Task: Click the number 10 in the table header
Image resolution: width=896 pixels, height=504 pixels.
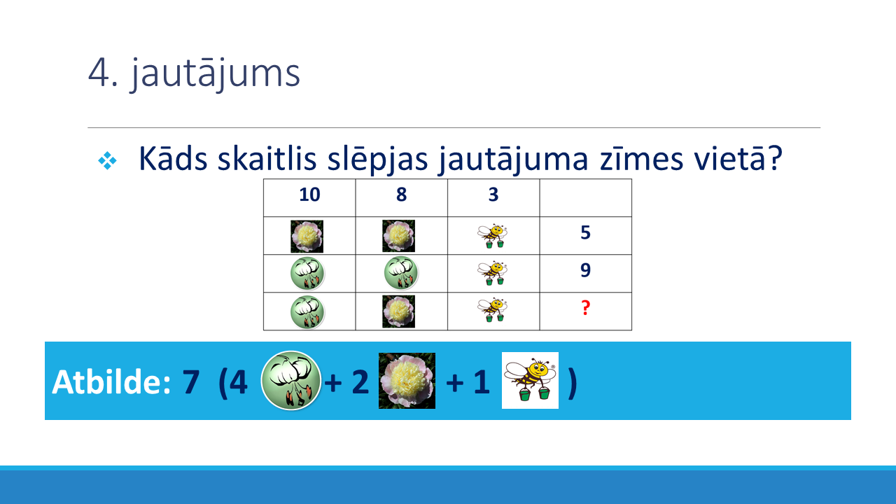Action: pos(309,195)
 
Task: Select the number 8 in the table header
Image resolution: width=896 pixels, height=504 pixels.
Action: pos(401,195)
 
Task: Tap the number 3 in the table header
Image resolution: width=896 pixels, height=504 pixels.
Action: pos(493,195)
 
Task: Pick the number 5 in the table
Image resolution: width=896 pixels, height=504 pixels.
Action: pos(585,232)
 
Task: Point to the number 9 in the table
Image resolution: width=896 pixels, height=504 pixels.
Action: pos(585,270)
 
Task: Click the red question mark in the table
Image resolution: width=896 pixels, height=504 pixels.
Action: pos(585,307)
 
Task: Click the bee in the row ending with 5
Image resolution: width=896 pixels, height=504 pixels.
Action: pos(492,236)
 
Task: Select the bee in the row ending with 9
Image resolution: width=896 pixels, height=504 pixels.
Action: pos(492,273)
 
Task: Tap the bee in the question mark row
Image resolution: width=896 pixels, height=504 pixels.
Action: pos(492,309)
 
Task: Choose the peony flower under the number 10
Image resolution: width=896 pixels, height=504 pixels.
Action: pos(307,237)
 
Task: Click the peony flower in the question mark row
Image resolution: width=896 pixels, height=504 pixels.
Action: pos(398,311)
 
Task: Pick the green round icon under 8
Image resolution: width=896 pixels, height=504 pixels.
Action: pos(401,273)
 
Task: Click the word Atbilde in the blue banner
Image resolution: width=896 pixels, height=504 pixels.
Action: pos(111,382)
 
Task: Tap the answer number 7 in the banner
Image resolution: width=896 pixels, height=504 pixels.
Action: pos(191,382)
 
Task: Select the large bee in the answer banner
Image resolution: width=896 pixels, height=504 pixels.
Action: pos(530,380)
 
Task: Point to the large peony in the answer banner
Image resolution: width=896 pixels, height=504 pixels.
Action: pos(407,381)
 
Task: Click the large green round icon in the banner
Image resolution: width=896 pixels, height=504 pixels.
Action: pos(290,380)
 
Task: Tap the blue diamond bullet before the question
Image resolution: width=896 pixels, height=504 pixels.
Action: pos(107,161)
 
